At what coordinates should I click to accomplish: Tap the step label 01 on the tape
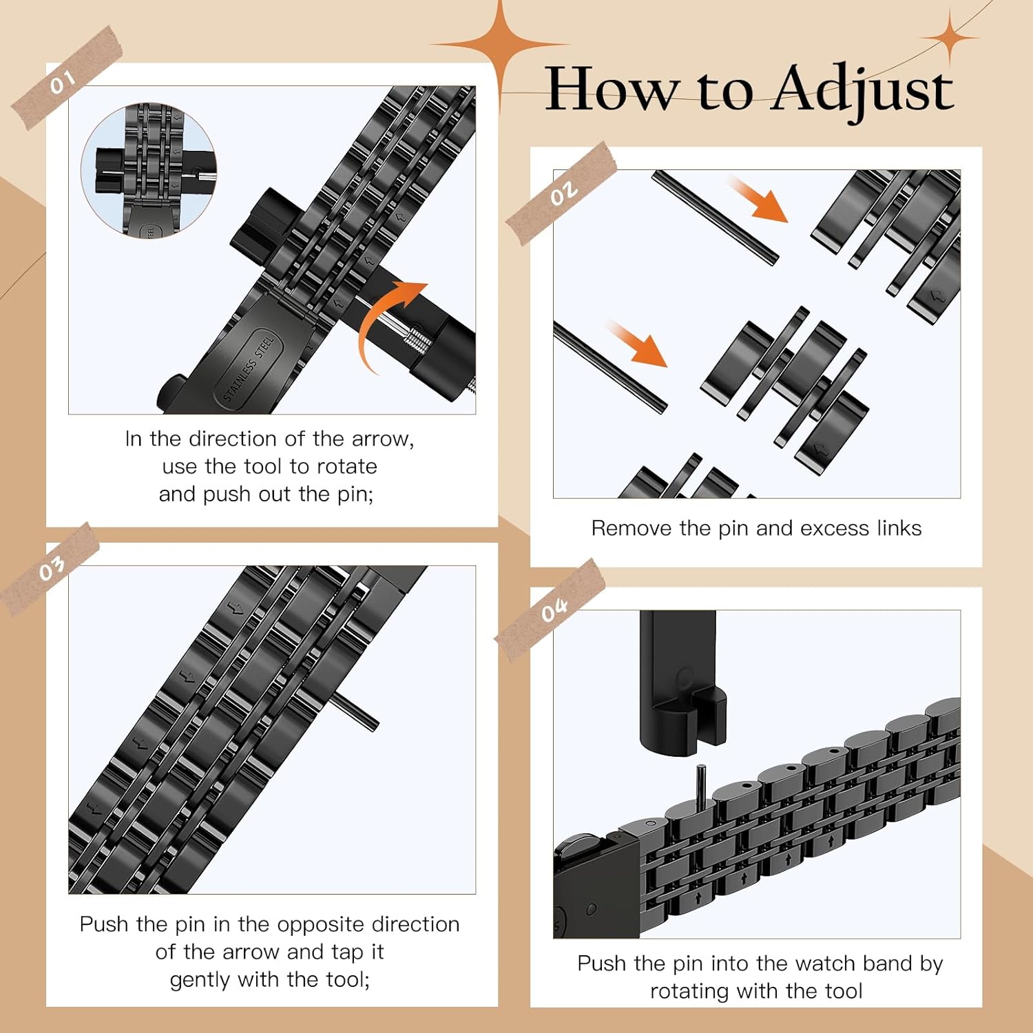click(x=62, y=83)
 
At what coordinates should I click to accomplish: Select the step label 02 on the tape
click(x=563, y=194)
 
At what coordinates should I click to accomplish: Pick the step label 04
click(x=554, y=609)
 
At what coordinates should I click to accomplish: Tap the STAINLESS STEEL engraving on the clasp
click(x=249, y=367)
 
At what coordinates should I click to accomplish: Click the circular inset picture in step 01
click(x=149, y=170)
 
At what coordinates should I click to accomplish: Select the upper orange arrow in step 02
click(x=757, y=199)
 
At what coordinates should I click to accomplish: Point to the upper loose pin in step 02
click(x=715, y=217)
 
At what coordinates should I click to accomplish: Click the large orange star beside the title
click(x=501, y=45)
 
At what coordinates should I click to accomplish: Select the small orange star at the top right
click(x=950, y=38)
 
